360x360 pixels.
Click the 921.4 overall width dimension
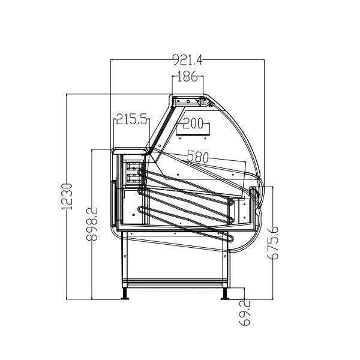pos(188,60)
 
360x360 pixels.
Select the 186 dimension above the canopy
pos(188,76)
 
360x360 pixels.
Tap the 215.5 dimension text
pos(132,119)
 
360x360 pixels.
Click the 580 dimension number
pos(197,157)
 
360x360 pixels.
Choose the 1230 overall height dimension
pos(68,196)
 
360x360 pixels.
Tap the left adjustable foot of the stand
pos(125,293)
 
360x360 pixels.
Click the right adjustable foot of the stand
pos(226,293)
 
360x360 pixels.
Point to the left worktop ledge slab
pos(128,151)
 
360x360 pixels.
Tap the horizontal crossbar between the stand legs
pos(175,280)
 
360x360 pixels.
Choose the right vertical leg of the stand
pos(227,264)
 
